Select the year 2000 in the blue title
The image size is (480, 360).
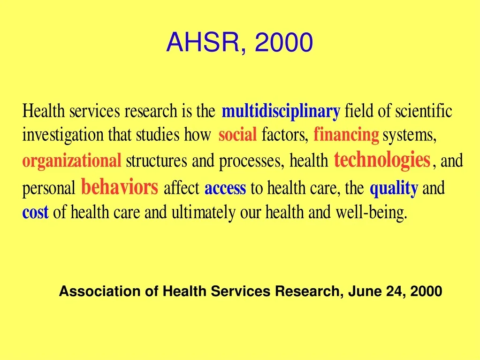[x=284, y=42]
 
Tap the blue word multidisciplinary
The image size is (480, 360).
[x=281, y=112]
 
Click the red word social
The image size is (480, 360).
[x=237, y=135]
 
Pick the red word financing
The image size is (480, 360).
[x=346, y=135]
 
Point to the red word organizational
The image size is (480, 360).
[x=72, y=161]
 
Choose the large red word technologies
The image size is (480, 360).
[x=382, y=160]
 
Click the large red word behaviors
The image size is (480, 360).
[x=120, y=187]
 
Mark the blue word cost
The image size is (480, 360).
[x=36, y=212]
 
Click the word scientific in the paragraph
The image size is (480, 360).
[x=424, y=111]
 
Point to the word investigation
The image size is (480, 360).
[x=63, y=135]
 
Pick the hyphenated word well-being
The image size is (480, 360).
[x=372, y=212]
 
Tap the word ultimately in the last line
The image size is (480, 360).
[x=203, y=212]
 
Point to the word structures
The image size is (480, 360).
[x=156, y=161]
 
